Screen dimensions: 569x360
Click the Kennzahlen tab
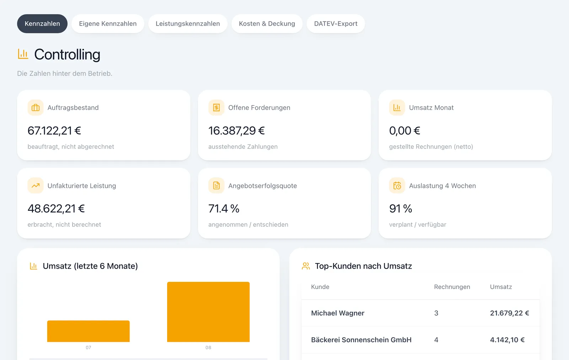(x=42, y=23)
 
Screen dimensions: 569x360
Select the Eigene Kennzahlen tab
(x=108, y=23)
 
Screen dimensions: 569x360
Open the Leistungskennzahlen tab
(x=188, y=23)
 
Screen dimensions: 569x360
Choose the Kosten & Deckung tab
(x=267, y=23)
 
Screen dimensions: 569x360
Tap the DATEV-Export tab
(x=336, y=23)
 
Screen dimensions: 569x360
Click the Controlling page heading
(x=67, y=54)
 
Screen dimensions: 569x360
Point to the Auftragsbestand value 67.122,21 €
(x=54, y=131)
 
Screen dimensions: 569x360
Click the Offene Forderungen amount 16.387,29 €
(x=236, y=131)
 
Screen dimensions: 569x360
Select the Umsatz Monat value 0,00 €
(x=405, y=131)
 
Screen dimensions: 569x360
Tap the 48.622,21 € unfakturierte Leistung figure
(x=56, y=209)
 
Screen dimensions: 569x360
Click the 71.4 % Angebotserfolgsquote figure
(x=224, y=209)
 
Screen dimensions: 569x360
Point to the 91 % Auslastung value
(x=400, y=209)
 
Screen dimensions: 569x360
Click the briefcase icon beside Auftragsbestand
(x=36, y=108)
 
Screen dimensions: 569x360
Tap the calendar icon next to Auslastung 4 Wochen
(x=397, y=186)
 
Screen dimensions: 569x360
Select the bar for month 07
(x=89, y=331)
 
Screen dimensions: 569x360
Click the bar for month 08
(x=208, y=312)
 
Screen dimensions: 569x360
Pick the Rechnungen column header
(x=452, y=287)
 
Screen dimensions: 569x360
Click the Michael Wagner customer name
(x=337, y=313)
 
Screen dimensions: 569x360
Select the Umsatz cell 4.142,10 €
(x=507, y=340)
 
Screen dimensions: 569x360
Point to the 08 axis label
(x=208, y=348)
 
